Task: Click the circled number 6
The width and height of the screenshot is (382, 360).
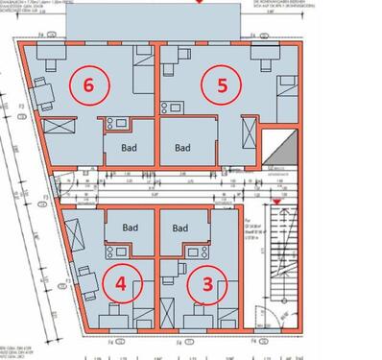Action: pyautogui.click(x=89, y=84)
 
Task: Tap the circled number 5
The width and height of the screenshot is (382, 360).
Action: pyautogui.click(x=221, y=84)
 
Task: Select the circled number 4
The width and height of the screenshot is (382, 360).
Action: pyautogui.click(x=120, y=284)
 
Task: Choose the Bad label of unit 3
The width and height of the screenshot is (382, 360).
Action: pyautogui.click(x=179, y=228)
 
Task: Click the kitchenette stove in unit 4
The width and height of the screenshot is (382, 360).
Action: pyautogui.click(x=115, y=252)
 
